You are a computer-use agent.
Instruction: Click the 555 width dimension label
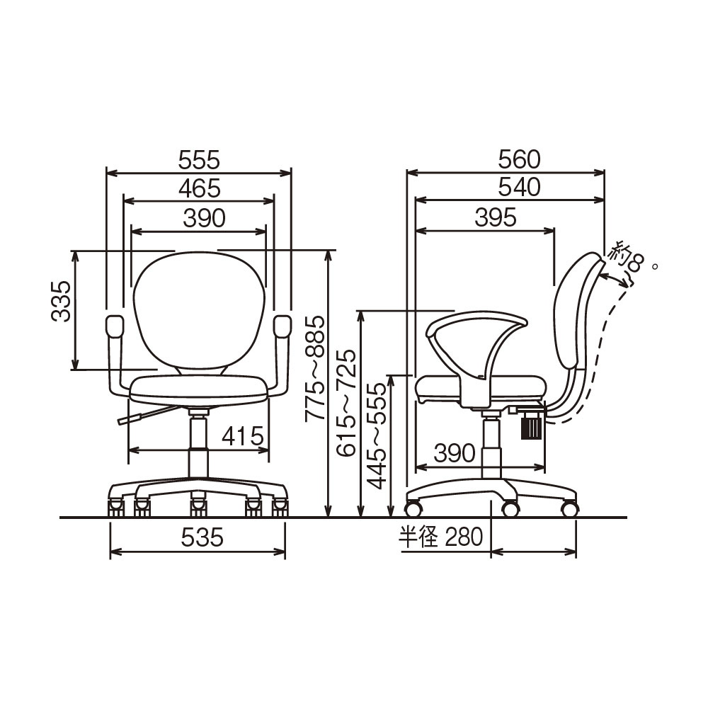tap(199, 160)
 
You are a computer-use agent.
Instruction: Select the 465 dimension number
tap(199, 188)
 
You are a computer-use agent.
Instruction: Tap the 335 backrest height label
tap(61, 301)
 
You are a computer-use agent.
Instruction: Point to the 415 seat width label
tap(243, 436)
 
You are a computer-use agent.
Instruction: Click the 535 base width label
tap(202, 537)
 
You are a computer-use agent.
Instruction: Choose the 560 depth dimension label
tap(519, 159)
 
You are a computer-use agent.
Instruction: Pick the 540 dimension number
tap(519, 187)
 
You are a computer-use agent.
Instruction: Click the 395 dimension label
tap(496, 218)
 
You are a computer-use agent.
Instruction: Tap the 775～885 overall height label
tap(315, 368)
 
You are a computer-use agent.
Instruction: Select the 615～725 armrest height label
tap(347, 403)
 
